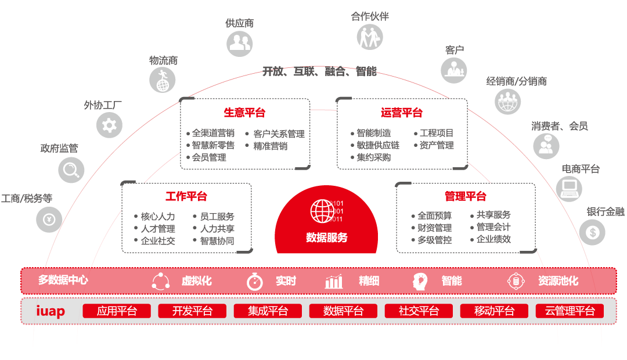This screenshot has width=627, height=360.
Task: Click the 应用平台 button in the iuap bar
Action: pyautogui.click(x=117, y=311)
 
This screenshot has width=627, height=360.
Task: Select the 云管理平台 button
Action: pyautogui.click(x=570, y=311)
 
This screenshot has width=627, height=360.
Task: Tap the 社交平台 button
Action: pyautogui.click(x=419, y=311)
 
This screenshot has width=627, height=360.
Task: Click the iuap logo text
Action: pyautogui.click(x=50, y=311)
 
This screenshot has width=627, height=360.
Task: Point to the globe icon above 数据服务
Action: pyautogui.click(x=322, y=211)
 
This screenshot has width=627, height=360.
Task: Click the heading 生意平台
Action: pyautogui.click(x=244, y=113)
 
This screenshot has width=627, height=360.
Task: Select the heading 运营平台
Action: pyautogui.click(x=402, y=113)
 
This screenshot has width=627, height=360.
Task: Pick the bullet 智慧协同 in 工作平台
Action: pyautogui.click(x=217, y=241)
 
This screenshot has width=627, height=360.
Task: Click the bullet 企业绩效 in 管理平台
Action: pyautogui.click(x=493, y=239)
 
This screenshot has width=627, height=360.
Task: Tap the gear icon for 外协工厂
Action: pyautogui.click(x=109, y=125)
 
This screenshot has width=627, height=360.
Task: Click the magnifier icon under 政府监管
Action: pyautogui.click(x=71, y=170)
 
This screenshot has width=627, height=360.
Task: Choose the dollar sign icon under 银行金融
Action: pyautogui.click(x=592, y=233)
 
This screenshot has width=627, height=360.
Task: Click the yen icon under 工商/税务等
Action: pyautogui.click(x=49, y=219)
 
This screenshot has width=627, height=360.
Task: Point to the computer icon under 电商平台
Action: pyautogui.click(x=569, y=188)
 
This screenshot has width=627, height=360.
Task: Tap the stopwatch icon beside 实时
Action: pyautogui.click(x=255, y=281)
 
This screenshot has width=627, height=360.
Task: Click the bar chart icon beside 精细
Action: pyautogui.click(x=334, y=282)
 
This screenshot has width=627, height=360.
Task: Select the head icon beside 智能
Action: pyautogui.click(x=419, y=281)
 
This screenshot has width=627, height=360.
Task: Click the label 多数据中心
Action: pyautogui.click(x=63, y=280)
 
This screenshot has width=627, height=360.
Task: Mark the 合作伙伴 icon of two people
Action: pyautogui.click(x=370, y=37)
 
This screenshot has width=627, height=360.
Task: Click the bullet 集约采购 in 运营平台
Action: pyautogui.click(x=373, y=157)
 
